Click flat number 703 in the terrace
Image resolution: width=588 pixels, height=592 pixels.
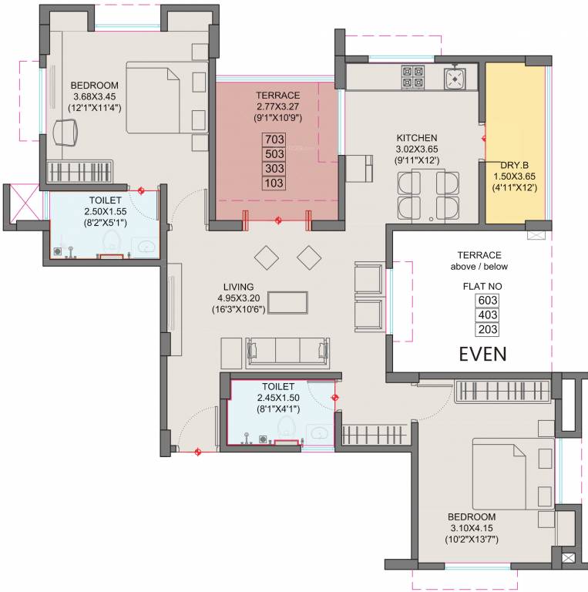tap(274, 140)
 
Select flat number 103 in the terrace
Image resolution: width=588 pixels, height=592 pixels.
tap(274, 183)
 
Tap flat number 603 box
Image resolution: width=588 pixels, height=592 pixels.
tap(488, 301)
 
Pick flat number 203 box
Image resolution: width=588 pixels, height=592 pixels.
tap(488, 329)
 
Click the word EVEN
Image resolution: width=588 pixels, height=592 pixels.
tap(482, 355)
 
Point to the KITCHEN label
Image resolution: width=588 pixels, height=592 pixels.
tap(418, 138)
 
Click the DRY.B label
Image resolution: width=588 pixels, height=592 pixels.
tap(514, 165)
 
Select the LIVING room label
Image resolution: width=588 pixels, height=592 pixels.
tap(236, 287)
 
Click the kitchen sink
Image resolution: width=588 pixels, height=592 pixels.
tap(455, 77)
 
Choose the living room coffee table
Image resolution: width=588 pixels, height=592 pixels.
tap(287, 302)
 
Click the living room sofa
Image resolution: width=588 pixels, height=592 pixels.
tap(287, 352)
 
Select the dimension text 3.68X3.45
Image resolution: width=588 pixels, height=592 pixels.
tap(94, 96)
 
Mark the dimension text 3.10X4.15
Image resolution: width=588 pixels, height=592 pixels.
tap(474, 528)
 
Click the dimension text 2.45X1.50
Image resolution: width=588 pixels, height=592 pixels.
tap(278, 398)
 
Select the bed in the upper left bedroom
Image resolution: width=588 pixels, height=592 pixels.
tap(158, 99)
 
